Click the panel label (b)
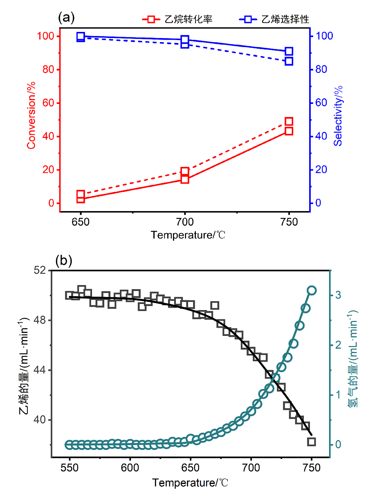64,261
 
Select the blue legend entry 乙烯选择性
274,19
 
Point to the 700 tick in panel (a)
185,223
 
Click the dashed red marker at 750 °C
289,122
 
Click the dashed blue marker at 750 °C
289,61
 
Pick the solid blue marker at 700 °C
185,40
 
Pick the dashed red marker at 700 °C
185,171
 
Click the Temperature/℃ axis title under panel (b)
191,483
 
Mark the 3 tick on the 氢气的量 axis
338,295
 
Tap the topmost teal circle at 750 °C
312,290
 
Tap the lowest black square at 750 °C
312,441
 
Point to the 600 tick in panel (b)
130,467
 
